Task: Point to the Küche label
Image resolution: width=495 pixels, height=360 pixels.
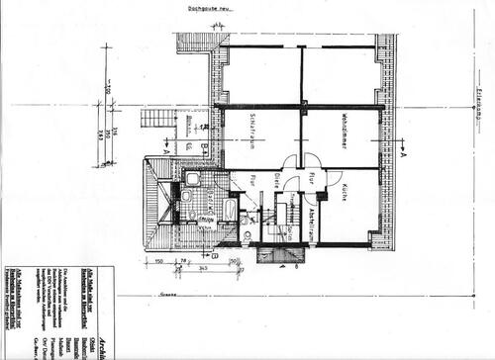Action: [x=338, y=192]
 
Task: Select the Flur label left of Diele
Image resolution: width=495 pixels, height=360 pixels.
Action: [x=251, y=181]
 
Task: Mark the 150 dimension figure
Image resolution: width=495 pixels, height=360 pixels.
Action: [x=159, y=262]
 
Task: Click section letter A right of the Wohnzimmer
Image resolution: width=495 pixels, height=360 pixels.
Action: [x=404, y=154]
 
